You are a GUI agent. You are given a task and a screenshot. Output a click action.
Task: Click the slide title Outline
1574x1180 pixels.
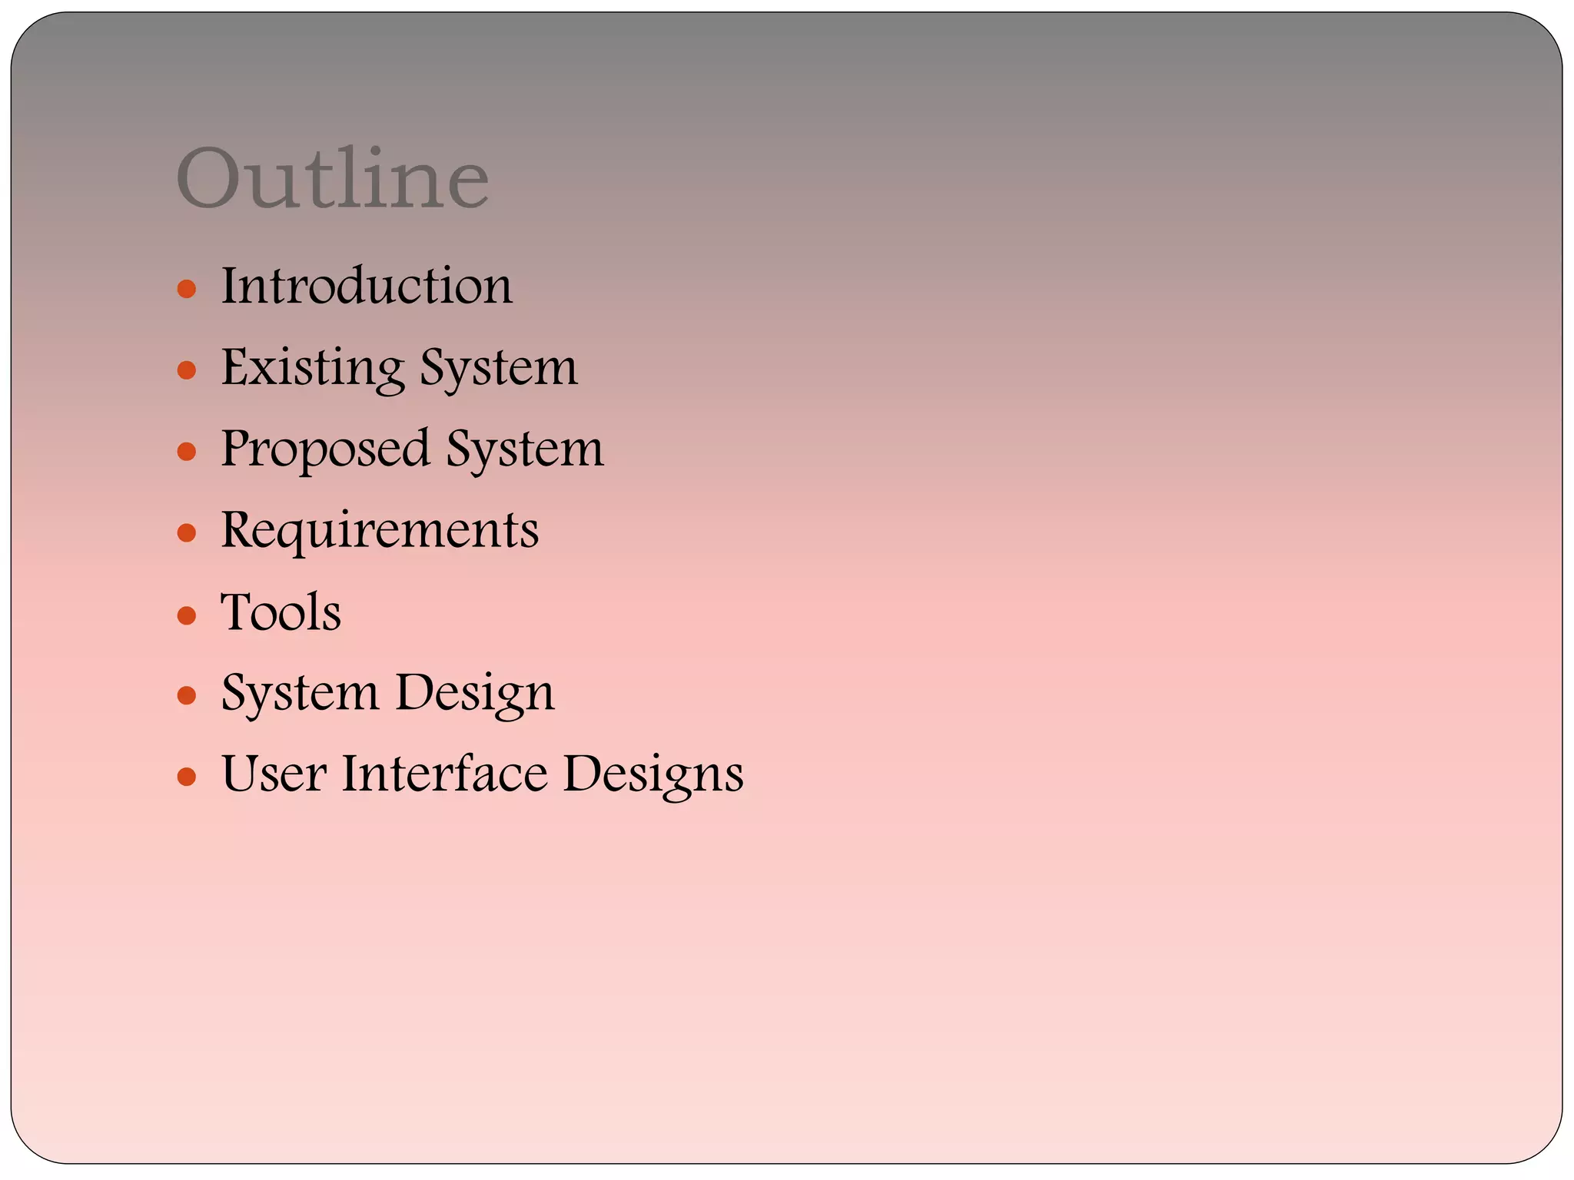(x=332, y=178)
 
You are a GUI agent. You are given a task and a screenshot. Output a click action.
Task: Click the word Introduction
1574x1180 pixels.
(x=367, y=286)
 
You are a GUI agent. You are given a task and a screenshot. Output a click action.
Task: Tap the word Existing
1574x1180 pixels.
(x=313, y=367)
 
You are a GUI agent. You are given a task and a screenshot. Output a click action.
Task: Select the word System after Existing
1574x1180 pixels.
(x=499, y=367)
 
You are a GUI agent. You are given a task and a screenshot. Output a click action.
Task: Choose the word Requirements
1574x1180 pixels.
(x=380, y=531)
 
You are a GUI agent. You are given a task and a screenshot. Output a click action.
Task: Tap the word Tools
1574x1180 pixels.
(x=281, y=612)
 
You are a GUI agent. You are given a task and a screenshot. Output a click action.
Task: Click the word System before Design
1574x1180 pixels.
(x=301, y=694)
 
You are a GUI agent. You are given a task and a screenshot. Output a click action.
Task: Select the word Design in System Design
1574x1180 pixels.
(x=474, y=694)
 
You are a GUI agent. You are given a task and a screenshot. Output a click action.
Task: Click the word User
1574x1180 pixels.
(x=274, y=774)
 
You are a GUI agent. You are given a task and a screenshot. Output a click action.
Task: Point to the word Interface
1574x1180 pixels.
(x=445, y=774)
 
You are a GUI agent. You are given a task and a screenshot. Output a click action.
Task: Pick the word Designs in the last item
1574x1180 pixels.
(x=653, y=775)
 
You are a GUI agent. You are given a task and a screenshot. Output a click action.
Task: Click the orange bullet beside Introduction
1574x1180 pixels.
(x=187, y=290)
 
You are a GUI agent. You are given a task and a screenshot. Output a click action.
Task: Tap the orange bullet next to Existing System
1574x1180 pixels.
(x=187, y=371)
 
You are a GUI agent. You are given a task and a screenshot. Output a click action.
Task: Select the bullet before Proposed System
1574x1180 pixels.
(x=187, y=452)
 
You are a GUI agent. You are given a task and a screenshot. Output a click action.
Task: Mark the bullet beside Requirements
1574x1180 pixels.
(x=187, y=533)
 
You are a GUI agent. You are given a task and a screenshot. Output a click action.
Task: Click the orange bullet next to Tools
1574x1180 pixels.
(x=187, y=615)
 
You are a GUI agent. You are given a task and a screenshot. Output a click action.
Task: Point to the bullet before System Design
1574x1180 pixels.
(x=187, y=696)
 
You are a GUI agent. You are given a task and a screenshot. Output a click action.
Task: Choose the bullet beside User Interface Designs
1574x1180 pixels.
(x=187, y=777)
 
